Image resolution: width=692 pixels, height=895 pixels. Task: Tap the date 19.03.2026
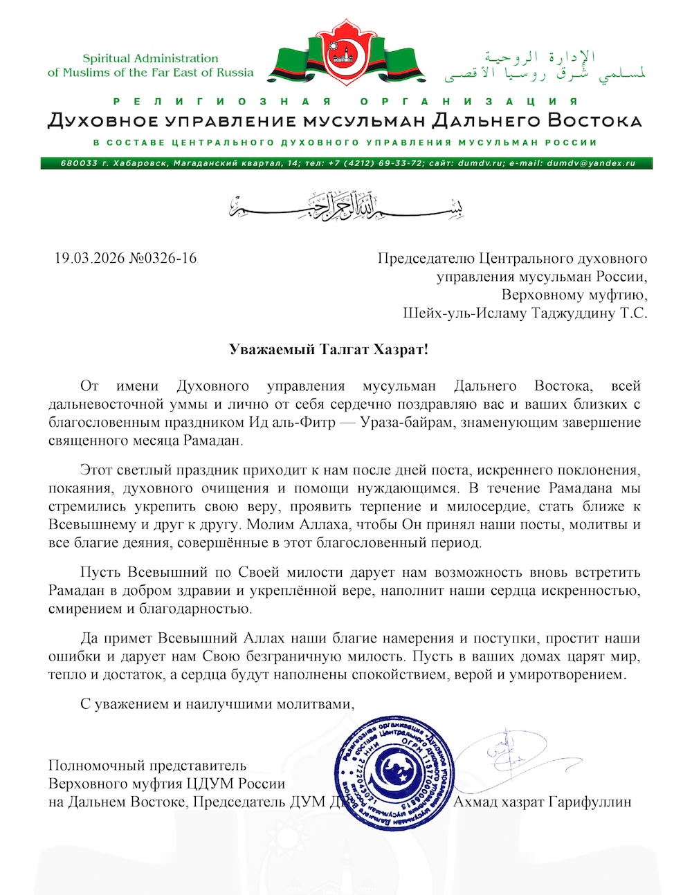pyautogui.click(x=89, y=259)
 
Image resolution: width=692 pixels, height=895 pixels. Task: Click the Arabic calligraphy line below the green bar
pyautogui.click(x=346, y=205)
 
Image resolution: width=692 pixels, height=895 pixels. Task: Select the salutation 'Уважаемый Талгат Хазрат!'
pyautogui.click(x=329, y=349)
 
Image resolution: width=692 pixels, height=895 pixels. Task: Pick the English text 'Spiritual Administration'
pyautogui.click(x=150, y=59)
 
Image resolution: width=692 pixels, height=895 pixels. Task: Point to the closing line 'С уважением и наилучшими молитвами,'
pyautogui.click(x=217, y=704)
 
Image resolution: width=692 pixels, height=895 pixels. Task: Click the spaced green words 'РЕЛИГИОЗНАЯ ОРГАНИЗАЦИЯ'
pyautogui.click(x=345, y=102)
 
